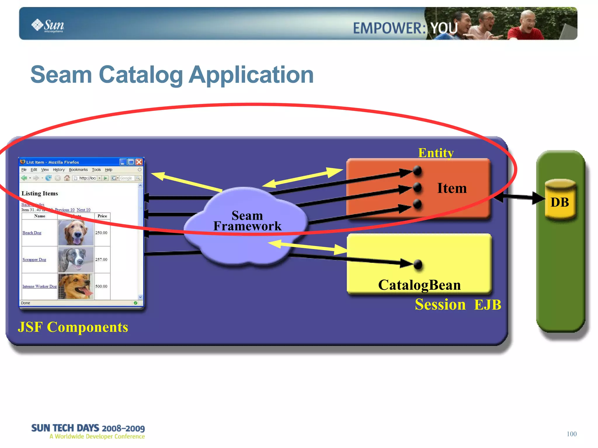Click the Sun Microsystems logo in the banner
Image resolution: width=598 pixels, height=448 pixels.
point(48,26)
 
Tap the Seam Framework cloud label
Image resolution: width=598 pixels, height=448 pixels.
point(247,221)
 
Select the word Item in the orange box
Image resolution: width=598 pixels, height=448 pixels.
point(451,188)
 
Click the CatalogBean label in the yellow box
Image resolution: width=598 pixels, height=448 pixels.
point(419,285)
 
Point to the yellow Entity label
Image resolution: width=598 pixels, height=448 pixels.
point(436,153)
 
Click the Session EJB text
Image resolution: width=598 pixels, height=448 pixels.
point(458,305)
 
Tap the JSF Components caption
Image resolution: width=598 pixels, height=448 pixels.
point(73,327)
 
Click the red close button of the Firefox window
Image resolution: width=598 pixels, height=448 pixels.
point(139,162)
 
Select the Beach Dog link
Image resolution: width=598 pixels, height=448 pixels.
point(32,233)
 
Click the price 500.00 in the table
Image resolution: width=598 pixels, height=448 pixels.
point(101,286)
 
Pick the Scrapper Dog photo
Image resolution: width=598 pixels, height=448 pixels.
point(76,259)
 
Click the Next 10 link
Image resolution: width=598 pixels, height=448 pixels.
point(84,210)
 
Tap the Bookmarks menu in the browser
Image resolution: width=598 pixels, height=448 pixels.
point(78,170)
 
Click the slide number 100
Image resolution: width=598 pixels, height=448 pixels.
point(571,434)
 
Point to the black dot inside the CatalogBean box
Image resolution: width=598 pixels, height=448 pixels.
point(418,264)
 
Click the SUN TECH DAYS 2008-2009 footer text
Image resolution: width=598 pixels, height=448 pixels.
point(88,428)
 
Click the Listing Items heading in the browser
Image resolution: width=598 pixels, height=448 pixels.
point(40,194)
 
